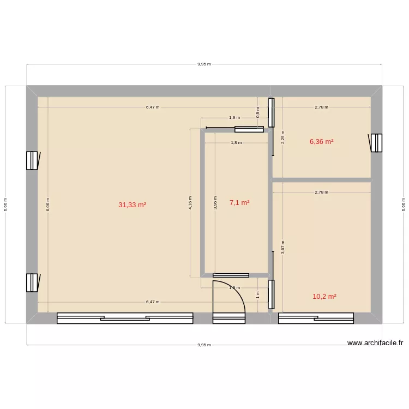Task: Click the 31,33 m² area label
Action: click(x=132, y=205)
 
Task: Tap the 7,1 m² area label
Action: click(x=239, y=203)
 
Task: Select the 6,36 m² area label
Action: click(x=321, y=142)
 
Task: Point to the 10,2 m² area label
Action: click(x=324, y=297)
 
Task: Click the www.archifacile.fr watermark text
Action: click(x=375, y=343)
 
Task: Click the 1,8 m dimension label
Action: click(x=236, y=143)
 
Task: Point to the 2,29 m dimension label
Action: click(x=282, y=136)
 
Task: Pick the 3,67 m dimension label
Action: click(x=282, y=246)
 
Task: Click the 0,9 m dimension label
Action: click(x=258, y=110)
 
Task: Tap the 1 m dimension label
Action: click(x=258, y=294)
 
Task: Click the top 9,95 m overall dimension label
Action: click(x=204, y=64)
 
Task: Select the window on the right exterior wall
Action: click(x=376, y=143)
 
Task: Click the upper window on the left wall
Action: click(x=32, y=160)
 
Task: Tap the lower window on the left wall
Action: click(x=32, y=282)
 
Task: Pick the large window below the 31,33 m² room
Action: click(x=125, y=318)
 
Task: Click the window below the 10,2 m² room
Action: click(x=316, y=318)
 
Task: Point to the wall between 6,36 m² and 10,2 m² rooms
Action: click(x=321, y=179)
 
